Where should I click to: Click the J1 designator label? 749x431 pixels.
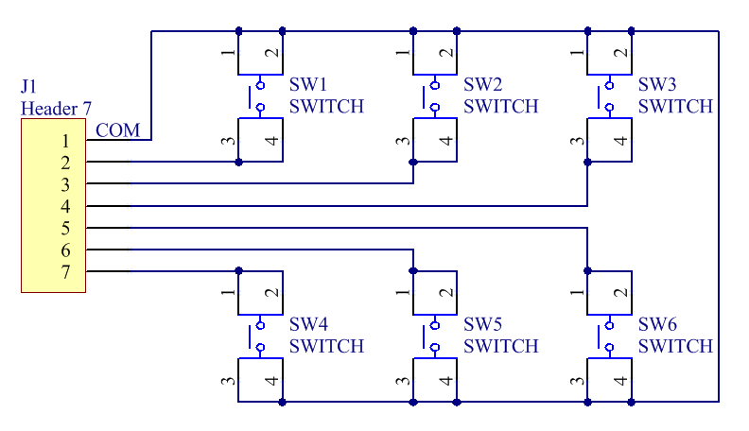pyautogui.click(x=28, y=86)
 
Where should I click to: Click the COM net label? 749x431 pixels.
pyautogui.click(x=117, y=130)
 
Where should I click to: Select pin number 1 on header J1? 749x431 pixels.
pyautogui.click(x=65, y=141)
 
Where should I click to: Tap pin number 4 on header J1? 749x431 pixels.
pyautogui.click(x=65, y=207)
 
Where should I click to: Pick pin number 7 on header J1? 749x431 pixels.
pyautogui.click(x=65, y=272)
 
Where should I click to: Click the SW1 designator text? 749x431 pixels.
pyautogui.click(x=308, y=84)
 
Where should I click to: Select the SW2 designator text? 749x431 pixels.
pyautogui.click(x=483, y=84)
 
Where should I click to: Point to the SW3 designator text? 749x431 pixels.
pyautogui.click(x=657, y=84)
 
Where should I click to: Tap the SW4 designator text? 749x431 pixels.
pyautogui.click(x=308, y=324)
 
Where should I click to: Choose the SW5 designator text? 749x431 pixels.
pyautogui.click(x=483, y=324)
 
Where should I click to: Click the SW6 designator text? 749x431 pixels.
pyautogui.click(x=658, y=324)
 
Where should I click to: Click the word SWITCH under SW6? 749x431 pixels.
pyautogui.click(x=675, y=346)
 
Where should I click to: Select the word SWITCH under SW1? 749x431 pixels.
pyautogui.click(x=326, y=106)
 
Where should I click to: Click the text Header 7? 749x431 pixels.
pyautogui.click(x=56, y=109)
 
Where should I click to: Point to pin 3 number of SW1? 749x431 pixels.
pyautogui.click(x=228, y=141)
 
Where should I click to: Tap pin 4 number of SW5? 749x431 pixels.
pyautogui.click(x=446, y=380)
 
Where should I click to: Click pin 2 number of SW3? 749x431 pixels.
pyautogui.click(x=620, y=52)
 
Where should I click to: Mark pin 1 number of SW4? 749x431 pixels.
pyautogui.click(x=228, y=292)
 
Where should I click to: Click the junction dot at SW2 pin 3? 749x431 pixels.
pyautogui.click(x=413, y=163)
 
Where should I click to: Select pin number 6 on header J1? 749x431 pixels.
pyautogui.click(x=65, y=250)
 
